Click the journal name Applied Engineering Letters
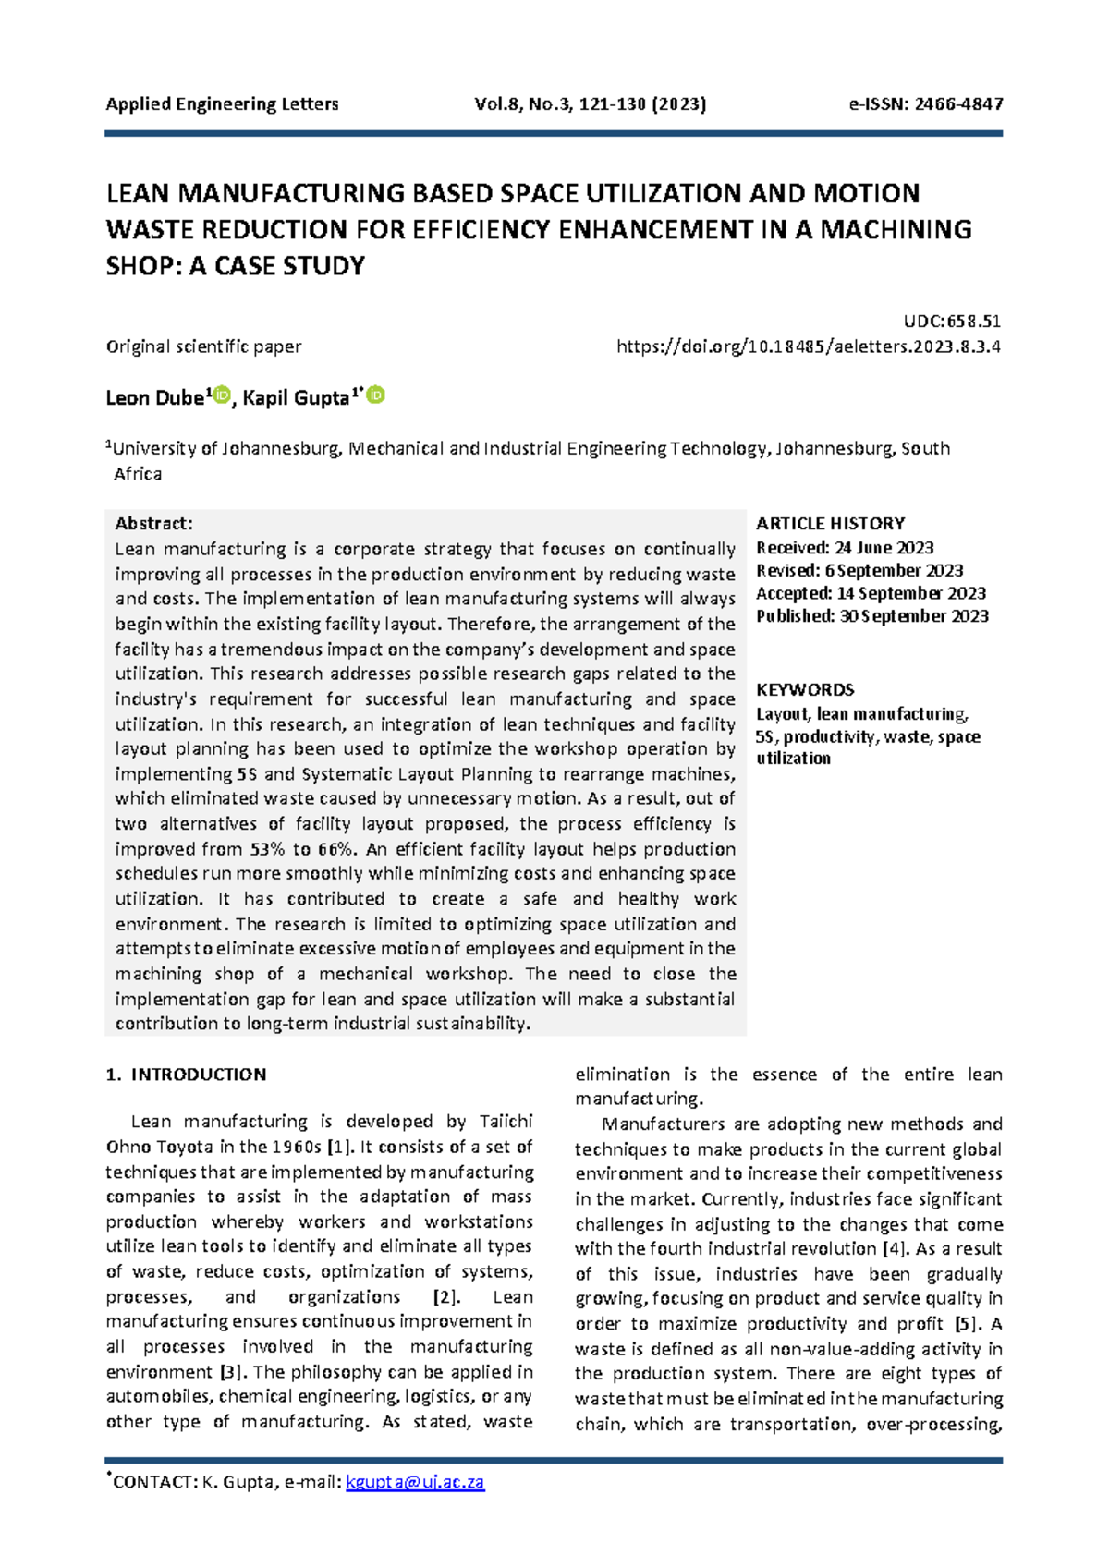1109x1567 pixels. [x=222, y=104]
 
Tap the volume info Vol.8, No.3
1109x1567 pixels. [x=522, y=104]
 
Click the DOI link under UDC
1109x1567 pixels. [x=809, y=347]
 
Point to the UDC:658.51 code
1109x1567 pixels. [x=952, y=322]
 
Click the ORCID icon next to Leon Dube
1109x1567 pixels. [x=222, y=396]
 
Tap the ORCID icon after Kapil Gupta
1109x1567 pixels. [x=376, y=395]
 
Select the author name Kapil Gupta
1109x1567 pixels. [x=296, y=398]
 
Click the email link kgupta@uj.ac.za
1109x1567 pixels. [x=415, y=1482]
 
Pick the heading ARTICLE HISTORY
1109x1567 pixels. [x=830, y=523]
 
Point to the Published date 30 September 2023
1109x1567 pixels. [x=913, y=616]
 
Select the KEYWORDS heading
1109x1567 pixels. [x=804, y=690]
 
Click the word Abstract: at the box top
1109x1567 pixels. [x=153, y=524]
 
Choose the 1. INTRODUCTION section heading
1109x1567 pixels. [x=186, y=1075]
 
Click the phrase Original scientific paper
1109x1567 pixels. [x=203, y=347]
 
